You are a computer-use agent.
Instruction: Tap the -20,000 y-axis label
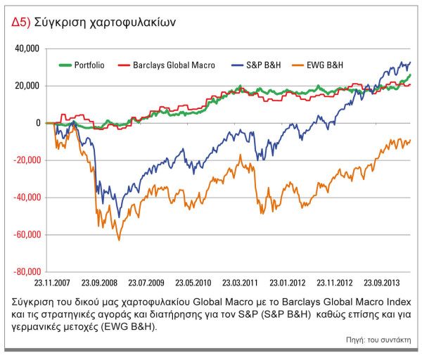[x=27, y=160]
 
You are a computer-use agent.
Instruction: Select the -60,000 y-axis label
[x=27, y=235]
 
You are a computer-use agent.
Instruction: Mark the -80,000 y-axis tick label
[x=27, y=272]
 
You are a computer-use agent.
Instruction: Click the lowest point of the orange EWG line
[x=118, y=240]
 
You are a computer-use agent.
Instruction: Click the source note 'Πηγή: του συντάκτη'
[x=381, y=341]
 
